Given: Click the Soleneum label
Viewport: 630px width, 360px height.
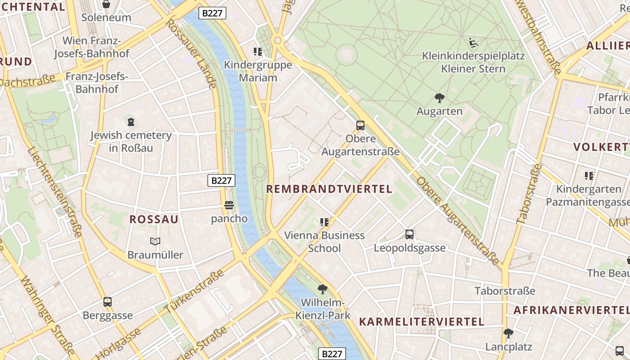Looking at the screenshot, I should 106,18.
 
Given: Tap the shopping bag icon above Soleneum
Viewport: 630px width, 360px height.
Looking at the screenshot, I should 106,4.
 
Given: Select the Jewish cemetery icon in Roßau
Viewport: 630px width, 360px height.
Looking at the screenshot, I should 131,121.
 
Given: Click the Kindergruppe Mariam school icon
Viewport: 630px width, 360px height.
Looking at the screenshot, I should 258,52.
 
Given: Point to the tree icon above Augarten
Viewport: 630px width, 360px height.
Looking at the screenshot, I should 440,98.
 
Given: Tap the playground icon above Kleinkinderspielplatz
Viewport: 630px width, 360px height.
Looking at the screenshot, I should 473,43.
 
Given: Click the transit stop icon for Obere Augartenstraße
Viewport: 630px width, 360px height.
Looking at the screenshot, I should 360,126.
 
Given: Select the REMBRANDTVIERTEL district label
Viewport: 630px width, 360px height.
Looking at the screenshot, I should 329,189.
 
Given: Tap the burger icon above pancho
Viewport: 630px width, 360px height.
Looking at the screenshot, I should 229,206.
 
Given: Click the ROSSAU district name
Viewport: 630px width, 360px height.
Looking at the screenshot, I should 154,220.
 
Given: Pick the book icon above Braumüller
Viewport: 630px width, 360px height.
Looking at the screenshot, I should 155,242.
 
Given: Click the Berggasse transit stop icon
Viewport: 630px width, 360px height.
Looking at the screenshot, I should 108,302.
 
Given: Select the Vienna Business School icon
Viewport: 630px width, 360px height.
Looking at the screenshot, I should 324,222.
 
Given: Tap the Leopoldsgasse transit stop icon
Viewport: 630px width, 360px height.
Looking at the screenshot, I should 409,234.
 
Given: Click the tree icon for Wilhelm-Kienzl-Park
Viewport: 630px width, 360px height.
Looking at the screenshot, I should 322,289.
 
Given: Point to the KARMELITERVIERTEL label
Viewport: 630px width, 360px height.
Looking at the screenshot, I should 422,322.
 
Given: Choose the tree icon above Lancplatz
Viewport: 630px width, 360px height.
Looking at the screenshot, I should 508,333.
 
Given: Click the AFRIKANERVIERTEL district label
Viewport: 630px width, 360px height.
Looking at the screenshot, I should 571,310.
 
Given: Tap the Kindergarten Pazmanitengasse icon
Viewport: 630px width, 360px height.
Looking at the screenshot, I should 589,176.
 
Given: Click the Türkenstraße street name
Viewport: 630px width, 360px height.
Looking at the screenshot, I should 194,292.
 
